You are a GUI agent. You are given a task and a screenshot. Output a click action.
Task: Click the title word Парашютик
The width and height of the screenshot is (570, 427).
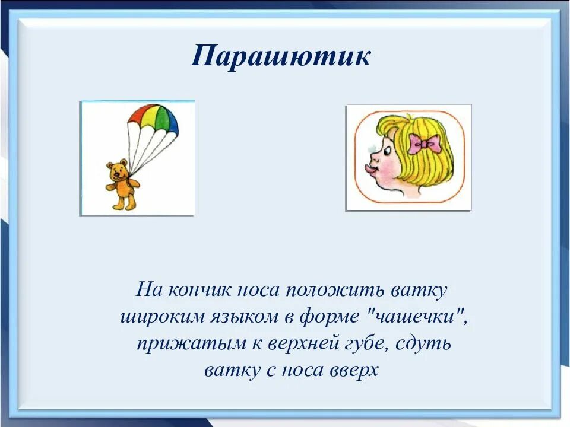coord(281,56)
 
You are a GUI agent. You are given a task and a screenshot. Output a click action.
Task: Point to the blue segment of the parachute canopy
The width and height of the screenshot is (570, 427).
coord(171,121)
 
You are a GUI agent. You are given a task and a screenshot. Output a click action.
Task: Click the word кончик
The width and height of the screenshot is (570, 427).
coord(199,290)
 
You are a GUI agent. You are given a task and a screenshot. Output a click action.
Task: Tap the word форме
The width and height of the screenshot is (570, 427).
coord(330,317)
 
